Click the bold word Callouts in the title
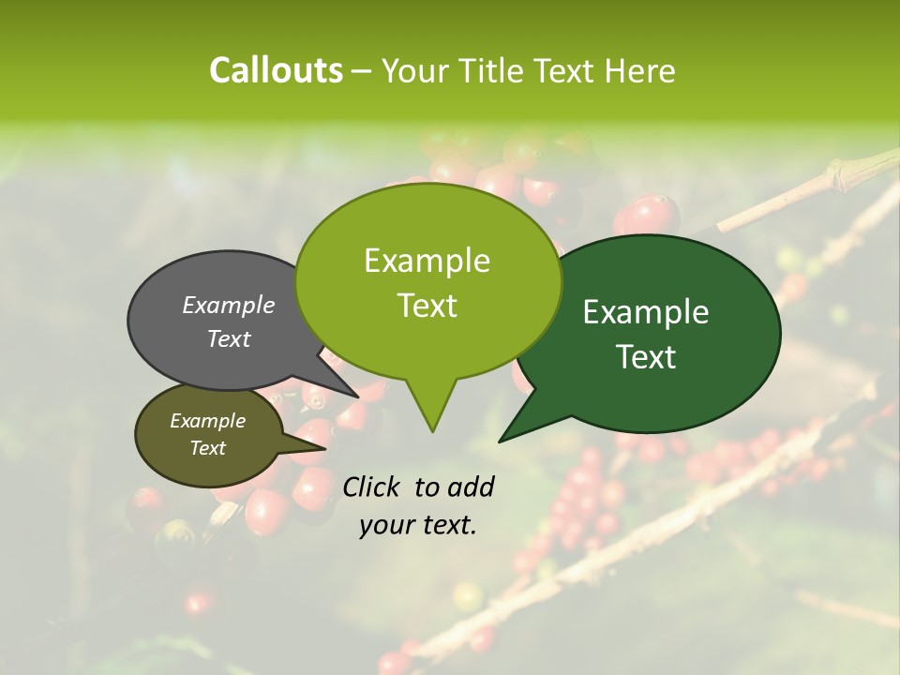[x=276, y=70]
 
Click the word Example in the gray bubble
[x=229, y=305]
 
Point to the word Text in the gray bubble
[x=229, y=338]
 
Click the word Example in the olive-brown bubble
[x=208, y=421]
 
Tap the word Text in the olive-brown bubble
[x=208, y=448]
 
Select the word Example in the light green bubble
[x=427, y=261]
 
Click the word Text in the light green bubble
[x=427, y=306]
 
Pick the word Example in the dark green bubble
[x=646, y=312]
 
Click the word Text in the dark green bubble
[x=646, y=357]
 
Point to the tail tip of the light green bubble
[x=432, y=431]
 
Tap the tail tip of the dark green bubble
[x=500, y=441]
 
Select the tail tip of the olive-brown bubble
[x=325, y=448]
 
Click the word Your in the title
[x=417, y=70]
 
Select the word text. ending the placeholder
[x=447, y=525]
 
